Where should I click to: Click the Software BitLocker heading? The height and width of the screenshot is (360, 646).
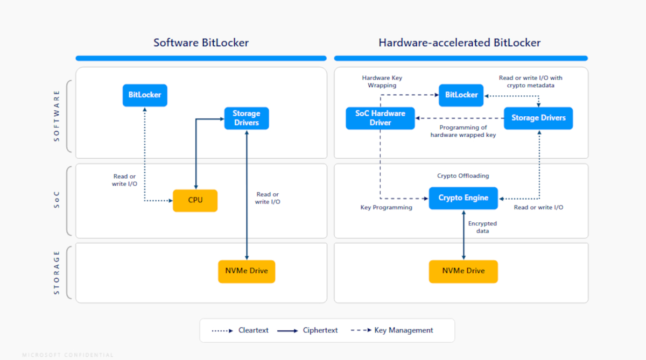201,43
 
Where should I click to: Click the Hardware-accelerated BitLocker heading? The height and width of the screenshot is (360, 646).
459,43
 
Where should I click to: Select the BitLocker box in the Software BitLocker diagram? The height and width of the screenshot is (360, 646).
145,95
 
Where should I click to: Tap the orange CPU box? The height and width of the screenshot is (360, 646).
195,200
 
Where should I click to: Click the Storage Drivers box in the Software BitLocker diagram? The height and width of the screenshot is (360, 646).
247,118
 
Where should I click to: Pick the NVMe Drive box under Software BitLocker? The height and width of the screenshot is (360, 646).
247,271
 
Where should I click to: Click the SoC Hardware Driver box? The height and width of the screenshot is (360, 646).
380,118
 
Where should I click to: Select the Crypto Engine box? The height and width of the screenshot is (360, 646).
463,198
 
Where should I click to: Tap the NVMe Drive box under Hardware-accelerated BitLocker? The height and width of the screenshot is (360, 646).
463,271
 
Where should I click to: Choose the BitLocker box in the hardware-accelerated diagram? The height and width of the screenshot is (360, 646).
461,95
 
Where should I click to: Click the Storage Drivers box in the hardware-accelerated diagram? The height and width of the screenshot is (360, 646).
538,118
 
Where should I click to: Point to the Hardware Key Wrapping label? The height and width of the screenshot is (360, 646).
382,82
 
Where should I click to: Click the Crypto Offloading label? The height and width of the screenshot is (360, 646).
463,176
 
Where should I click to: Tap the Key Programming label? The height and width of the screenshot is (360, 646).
386,208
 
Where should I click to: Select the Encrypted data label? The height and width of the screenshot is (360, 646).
482,227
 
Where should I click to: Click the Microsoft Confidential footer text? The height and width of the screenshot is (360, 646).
68,355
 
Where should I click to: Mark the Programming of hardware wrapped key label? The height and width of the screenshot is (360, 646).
463,131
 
